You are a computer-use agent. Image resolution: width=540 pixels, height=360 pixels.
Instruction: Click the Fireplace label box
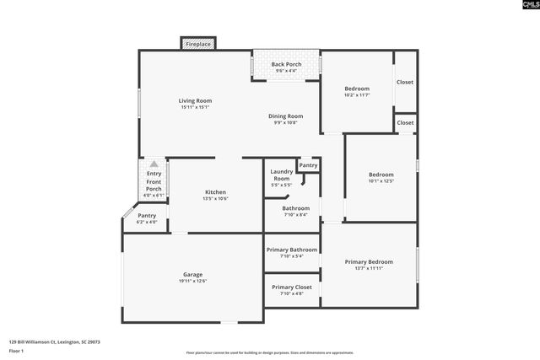(199, 44)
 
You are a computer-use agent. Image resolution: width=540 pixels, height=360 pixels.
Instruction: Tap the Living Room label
(195, 101)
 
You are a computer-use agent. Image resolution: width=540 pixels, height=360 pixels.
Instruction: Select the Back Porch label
(286, 65)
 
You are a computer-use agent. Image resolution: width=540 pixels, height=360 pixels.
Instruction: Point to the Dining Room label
(286, 116)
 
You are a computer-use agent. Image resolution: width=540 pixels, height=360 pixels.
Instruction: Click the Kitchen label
(214, 192)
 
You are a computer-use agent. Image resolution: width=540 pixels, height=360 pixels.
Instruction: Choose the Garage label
(192, 274)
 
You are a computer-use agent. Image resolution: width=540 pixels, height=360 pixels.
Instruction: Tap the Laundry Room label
(282, 175)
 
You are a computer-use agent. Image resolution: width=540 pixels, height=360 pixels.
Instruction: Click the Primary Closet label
(292, 287)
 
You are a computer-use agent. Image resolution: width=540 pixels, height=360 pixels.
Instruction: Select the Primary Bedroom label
(370, 262)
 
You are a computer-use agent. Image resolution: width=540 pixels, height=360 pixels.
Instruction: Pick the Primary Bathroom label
(292, 250)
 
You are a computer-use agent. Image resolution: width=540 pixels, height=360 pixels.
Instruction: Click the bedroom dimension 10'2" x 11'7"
(358, 95)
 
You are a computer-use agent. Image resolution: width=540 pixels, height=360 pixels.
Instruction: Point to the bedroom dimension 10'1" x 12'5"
(381, 181)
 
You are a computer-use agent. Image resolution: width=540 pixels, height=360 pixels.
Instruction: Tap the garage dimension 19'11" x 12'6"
(192, 281)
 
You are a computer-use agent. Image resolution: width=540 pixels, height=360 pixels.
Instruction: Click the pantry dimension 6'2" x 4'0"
(147, 222)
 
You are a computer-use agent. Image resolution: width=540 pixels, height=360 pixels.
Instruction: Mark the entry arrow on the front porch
(154, 164)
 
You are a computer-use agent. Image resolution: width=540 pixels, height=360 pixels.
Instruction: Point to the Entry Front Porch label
(154, 181)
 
